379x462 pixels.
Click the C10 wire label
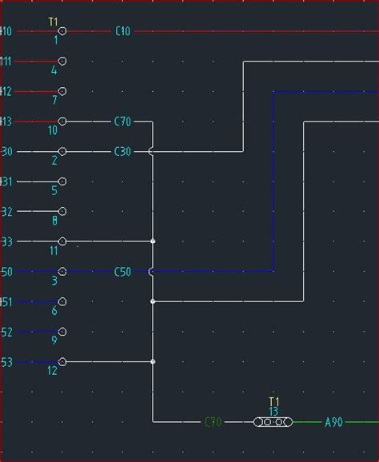click(x=122, y=31)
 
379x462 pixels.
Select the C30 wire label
click(x=122, y=151)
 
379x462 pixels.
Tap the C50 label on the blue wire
click(x=122, y=272)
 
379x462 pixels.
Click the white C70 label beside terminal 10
click(x=122, y=121)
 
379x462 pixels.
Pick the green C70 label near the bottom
click(x=213, y=422)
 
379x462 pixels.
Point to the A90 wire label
click(x=333, y=422)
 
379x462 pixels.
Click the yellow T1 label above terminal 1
click(x=53, y=22)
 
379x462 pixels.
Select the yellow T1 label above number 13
click(x=273, y=401)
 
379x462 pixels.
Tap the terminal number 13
click(x=273, y=412)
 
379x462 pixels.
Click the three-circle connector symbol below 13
click(x=273, y=422)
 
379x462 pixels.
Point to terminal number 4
click(x=54, y=70)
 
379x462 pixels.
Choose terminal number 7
click(x=54, y=101)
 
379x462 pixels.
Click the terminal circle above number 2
click(x=62, y=151)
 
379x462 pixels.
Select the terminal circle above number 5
click(x=62, y=181)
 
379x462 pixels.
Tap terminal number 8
click(x=54, y=221)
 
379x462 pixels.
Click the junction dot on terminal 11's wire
click(x=153, y=241)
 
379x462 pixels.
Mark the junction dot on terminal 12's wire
click(x=153, y=362)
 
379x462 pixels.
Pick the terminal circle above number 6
click(x=62, y=302)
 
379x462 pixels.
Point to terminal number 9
click(x=54, y=341)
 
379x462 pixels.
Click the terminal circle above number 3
click(x=62, y=272)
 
